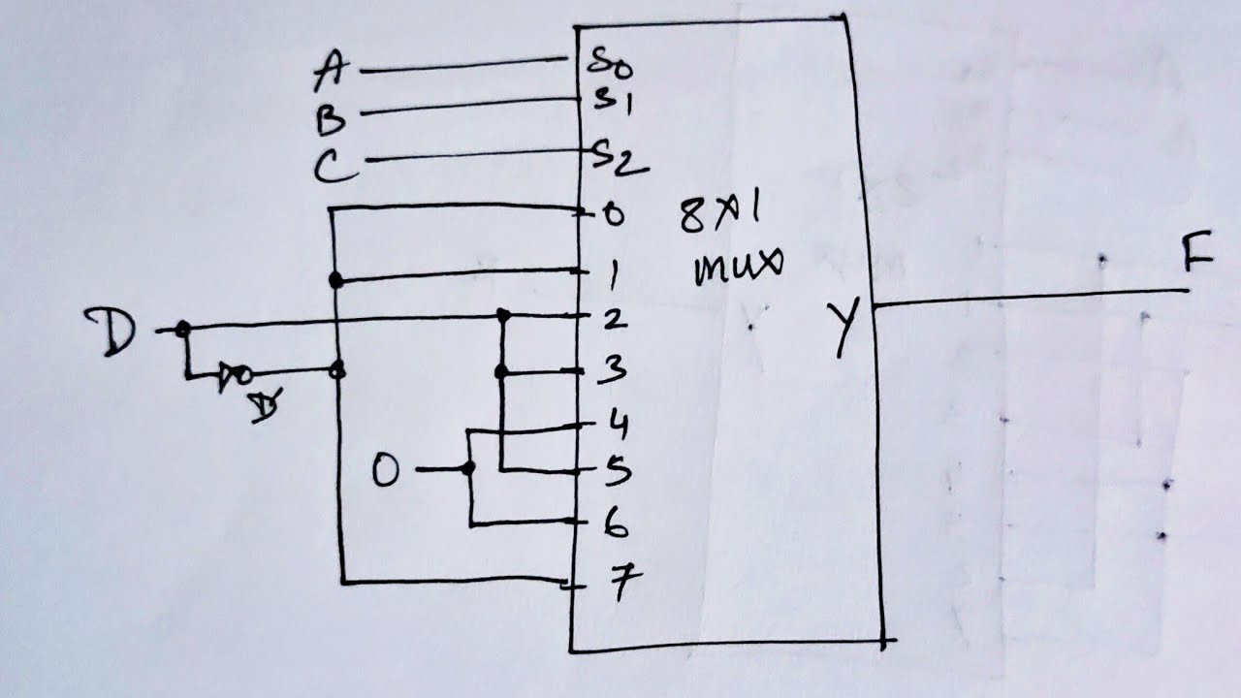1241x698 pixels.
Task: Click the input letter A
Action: (x=331, y=70)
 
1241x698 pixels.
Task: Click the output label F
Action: (x=1197, y=252)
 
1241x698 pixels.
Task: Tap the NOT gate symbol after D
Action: (x=235, y=375)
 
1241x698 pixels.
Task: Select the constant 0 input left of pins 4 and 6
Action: (x=385, y=468)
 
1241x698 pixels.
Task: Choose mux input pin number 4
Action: (x=618, y=427)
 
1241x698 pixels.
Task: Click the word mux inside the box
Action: (x=739, y=267)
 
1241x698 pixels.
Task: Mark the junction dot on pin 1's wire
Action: (x=335, y=280)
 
